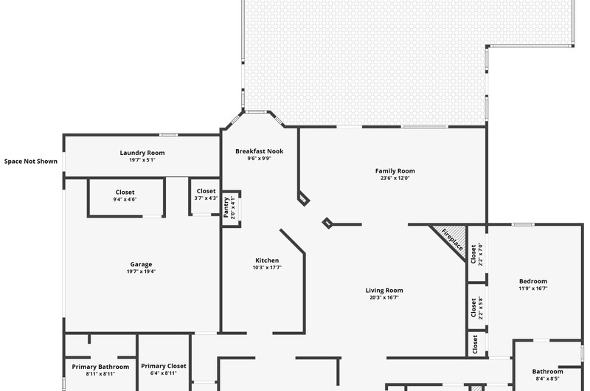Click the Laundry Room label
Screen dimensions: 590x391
(x=142, y=153)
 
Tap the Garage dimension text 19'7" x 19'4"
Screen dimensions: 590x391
(x=141, y=271)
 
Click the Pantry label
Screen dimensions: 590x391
(x=226, y=207)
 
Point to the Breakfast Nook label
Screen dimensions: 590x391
(x=260, y=151)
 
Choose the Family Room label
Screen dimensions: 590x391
(x=395, y=171)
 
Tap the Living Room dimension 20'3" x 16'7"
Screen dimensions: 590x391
(x=384, y=297)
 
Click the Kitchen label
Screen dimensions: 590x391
(x=267, y=260)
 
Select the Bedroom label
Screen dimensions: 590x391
(x=533, y=281)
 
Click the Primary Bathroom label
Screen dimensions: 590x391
(x=100, y=367)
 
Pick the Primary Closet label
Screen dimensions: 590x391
(x=164, y=366)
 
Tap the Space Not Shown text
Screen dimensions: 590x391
(x=31, y=162)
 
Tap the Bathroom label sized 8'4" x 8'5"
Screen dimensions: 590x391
(x=547, y=371)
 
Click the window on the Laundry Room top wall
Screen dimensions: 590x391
(x=168, y=135)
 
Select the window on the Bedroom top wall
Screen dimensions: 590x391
(x=523, y=225)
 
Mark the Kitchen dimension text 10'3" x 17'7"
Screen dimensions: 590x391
(x=267, y=268)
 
